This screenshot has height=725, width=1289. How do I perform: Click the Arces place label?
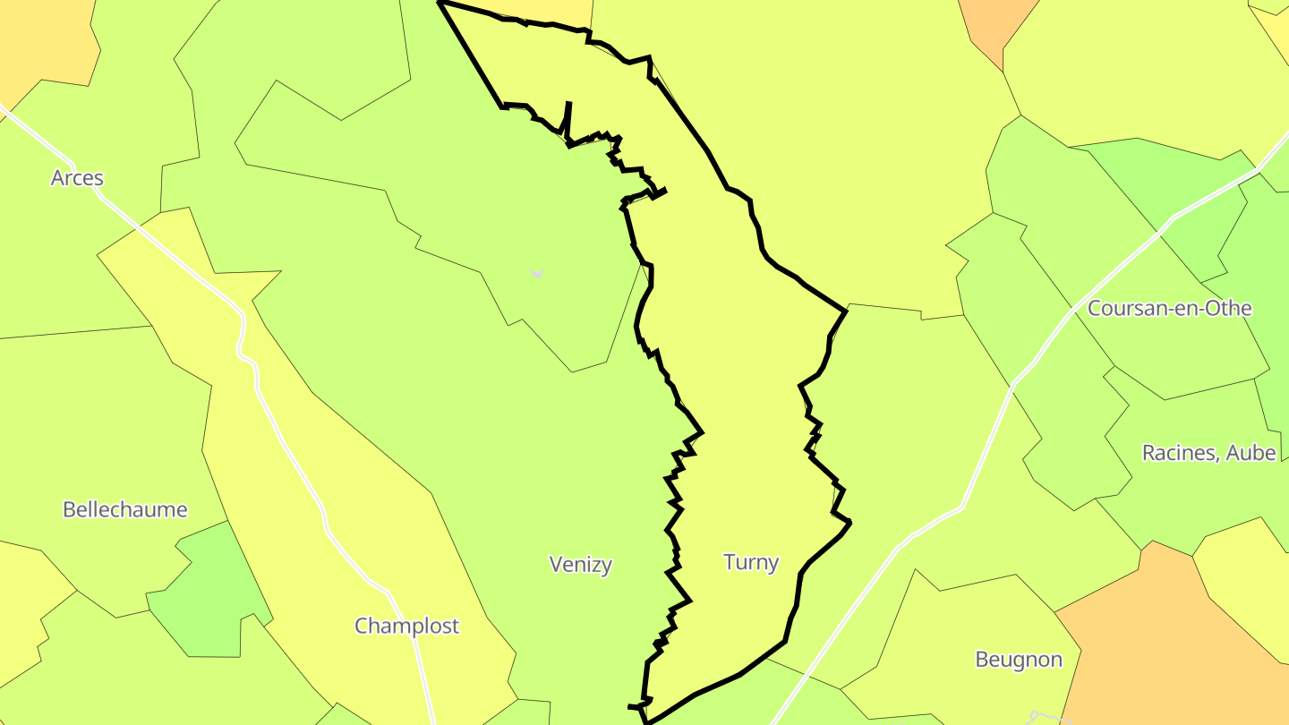pyautogui.click(x=77, y=178)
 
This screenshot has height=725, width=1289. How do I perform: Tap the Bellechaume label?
pyautogui.click(x=125, y=510)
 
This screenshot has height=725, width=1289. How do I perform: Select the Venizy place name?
pyautogui.click(x=581, y=564)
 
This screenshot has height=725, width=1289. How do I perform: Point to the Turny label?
pyautogui.click(x=751, y=562)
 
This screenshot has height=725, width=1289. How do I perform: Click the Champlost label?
pyautogui.click(x=406, y=626)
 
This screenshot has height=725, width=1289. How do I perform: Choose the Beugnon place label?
pyautogui.click(x=1019, y=660)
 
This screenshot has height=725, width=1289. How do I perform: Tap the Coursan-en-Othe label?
pyautogui.click(x=1169, y=309)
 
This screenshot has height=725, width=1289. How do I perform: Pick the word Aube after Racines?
pyautogui.click(x=1251, y=453)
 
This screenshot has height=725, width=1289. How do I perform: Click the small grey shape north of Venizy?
pyautogui.click(x=537, y=273)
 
